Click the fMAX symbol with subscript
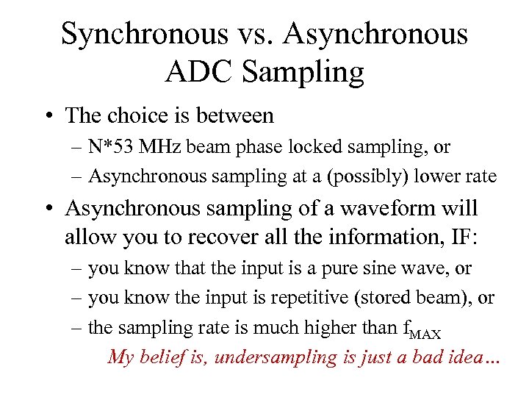pyautogui.click(x=424, y=329)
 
